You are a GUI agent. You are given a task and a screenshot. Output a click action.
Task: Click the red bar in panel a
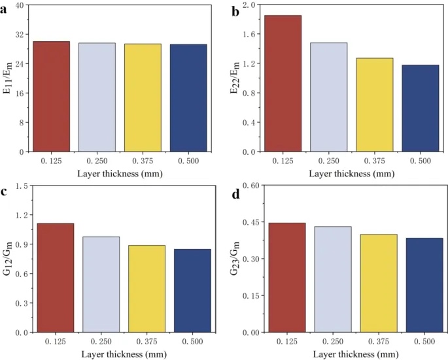pos(51,97)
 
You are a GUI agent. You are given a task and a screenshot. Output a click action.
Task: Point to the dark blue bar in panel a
pos(188,98)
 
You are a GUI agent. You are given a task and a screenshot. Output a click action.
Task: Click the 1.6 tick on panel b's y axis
pos(248,35)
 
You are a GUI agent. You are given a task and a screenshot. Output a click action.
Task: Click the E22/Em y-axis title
pos(234,78)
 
